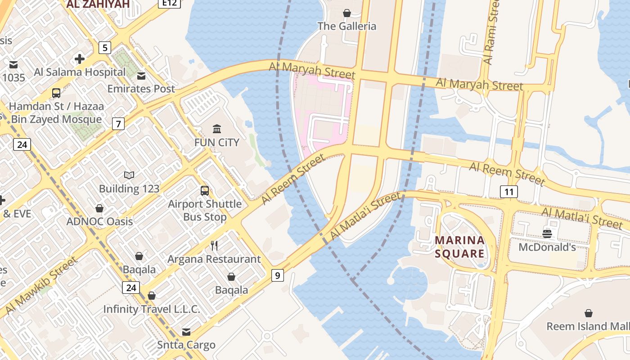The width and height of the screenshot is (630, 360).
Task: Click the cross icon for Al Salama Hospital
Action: coord(80,59)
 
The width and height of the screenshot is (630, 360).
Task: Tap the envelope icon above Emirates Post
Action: coord(141,76)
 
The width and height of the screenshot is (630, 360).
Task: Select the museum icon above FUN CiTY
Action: coord(217,129)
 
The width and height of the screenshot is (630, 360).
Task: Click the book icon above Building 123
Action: coord(129,175)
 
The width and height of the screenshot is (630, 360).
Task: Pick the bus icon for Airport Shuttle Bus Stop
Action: coord(205,191)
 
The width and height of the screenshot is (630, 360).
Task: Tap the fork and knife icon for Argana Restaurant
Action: coord(214,246)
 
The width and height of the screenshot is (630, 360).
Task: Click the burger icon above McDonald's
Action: coord(547,234)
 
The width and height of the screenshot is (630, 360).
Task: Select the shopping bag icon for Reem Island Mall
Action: coord(588,313)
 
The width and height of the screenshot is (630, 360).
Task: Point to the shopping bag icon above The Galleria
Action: coord(346,13)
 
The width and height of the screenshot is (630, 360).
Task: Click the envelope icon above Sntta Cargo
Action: coord(186,332)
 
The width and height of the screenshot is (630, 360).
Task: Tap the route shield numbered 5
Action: coord(105,48)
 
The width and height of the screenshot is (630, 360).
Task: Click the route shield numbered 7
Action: coord(118,124)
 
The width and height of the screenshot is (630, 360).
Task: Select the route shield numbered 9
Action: coord(278,275)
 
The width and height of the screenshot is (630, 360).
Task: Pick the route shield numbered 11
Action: coord(509,192)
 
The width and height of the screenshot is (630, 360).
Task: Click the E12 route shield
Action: coord(170,3)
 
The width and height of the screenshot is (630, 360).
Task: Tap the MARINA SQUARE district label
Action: coord(460,247)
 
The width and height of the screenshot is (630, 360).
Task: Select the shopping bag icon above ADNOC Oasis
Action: coord(99,208)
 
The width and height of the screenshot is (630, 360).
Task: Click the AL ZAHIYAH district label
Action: coord(98,4)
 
